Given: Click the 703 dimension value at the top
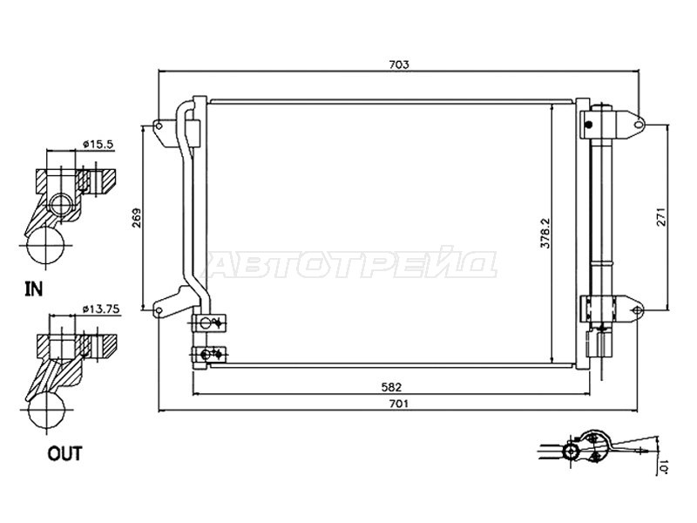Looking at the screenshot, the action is pyautogui.click(x=399, y=65).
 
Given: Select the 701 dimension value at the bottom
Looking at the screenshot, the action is pyautogui.click(x=399, y=404).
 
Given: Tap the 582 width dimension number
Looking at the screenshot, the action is pyautogui.click(x=391, y=387).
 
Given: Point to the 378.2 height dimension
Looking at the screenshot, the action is pyautogui.click(x=545, y=233).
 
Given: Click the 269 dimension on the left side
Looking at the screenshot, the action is pyautogui.click(x=137, y=218).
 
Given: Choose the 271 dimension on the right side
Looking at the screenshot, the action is pyautogui.click(x=662, y=217).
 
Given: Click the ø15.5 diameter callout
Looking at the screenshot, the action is pyautogui.click(x=98, y=144).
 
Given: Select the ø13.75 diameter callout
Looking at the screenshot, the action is pyautogui.click(x=102, y=309).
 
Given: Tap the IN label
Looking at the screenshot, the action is pyautogui.click(x=34, y=289).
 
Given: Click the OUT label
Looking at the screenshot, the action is pyautogui.click(x=64, y=454).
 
